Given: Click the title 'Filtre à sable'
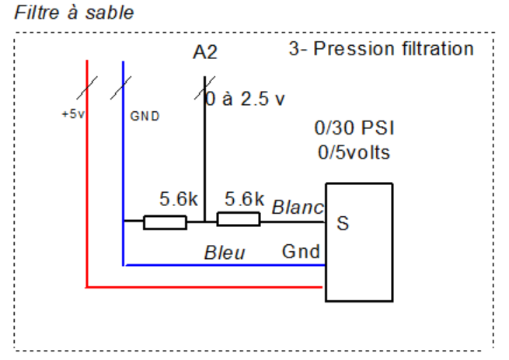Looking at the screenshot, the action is click(x=74, y=13).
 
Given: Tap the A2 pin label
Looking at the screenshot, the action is click(x=205, y=52).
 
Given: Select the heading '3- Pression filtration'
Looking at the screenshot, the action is click(x=381, y=49).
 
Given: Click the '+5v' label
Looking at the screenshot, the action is click(x=73, y=114).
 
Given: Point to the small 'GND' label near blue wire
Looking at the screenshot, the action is click(x=145, y=116).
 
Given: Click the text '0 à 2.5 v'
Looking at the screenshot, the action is click(x=246, y=99).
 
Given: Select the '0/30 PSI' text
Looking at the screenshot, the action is click(x=354, y=128).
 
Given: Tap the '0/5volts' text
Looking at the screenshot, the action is click(x=354, y=152).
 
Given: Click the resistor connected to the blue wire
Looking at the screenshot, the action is click(x=165, y=222).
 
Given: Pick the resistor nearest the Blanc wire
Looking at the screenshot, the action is click(x=239, y=219).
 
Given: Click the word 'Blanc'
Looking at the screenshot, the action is click(x=298, y=208).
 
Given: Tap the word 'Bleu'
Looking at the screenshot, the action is click(x=225, y=253).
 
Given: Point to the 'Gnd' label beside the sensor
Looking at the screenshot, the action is click(x=301, y=251).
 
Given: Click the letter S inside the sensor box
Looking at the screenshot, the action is click(x=343, y=223).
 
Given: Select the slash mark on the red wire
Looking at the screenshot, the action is click(x=87, y=88).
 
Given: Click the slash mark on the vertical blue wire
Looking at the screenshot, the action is click(x=120, y=88).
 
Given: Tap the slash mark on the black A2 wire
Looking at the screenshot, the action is click(x=204, y=88).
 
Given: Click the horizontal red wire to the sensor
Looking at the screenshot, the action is click(x=204, y=287).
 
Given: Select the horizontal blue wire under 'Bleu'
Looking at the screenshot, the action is click(x=225, y=265).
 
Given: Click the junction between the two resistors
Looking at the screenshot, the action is click(x=204, y=222).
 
